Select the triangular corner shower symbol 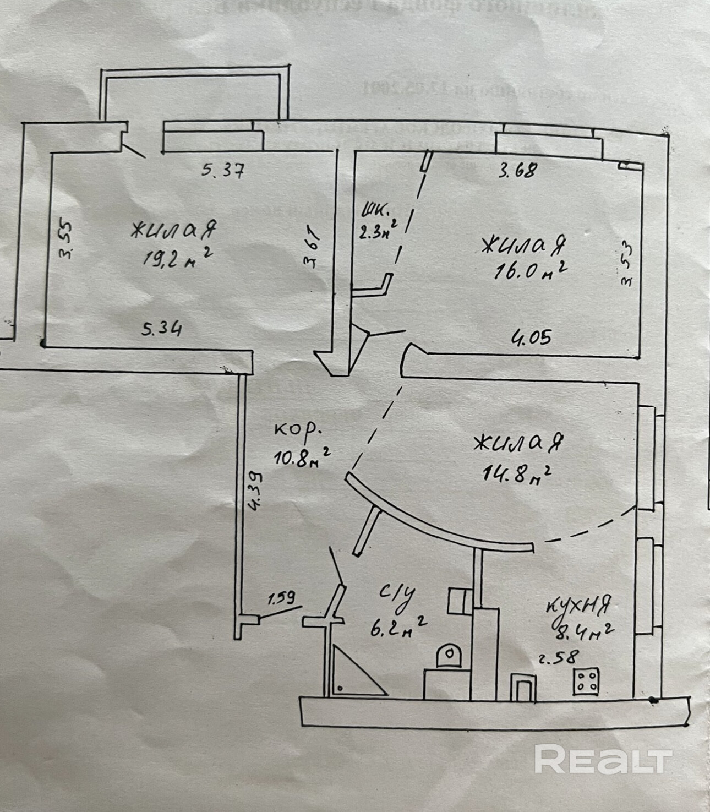click(352, 672)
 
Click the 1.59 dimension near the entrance click(282, 597)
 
